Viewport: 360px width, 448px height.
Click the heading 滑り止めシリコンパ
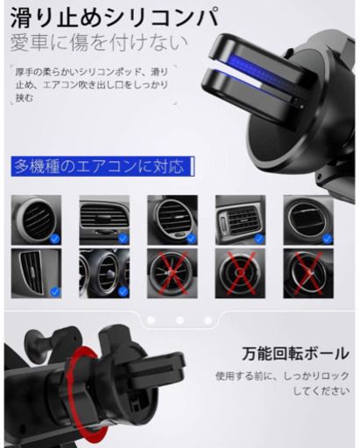coord(115,17)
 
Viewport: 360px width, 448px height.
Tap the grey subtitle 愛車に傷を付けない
coord(99,43)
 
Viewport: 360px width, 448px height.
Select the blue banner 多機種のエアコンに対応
coord(102,166)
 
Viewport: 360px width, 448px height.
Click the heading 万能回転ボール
coord(295,353)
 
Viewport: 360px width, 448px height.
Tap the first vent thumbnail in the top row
coord(36,220)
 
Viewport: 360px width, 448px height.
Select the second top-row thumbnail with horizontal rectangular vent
coord(104,220)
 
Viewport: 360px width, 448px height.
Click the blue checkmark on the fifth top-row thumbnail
coord(328,239)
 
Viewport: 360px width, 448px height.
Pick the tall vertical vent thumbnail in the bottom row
coord(36,273)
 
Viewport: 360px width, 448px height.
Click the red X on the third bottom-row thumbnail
coord(173,273)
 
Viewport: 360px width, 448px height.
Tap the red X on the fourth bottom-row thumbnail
coord(241,273)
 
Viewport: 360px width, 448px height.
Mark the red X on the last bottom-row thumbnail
coord(308,273)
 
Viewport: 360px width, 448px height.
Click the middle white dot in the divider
coord(180,320)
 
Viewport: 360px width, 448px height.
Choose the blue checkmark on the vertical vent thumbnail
coord(55,292)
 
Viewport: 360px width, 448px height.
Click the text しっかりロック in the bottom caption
coord(316,376)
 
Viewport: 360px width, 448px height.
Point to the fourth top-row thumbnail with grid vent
coord(240,220)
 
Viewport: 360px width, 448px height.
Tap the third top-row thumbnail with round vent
coord(173,220)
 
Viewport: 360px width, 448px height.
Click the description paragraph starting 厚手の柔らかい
coord(92,85)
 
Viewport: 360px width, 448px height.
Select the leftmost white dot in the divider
coord(151,320)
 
